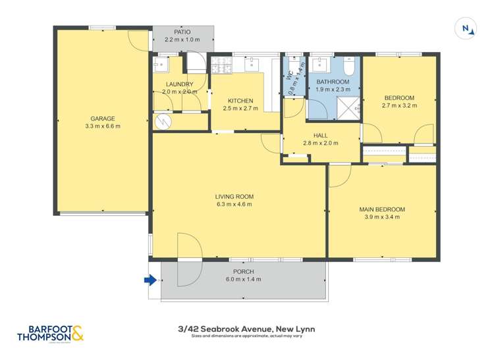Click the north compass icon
[466, 29]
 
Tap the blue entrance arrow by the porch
[151, 280]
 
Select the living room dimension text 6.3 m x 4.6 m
[234, 205]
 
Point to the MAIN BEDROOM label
[382, 209]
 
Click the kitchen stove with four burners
[221, 64]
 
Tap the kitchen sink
[252, 64]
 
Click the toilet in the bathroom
[349, 65]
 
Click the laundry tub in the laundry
[160, 64]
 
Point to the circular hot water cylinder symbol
[161, 121]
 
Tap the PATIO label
[182, 32]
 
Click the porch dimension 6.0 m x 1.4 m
[243, 279]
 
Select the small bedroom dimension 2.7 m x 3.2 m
[399, 105]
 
